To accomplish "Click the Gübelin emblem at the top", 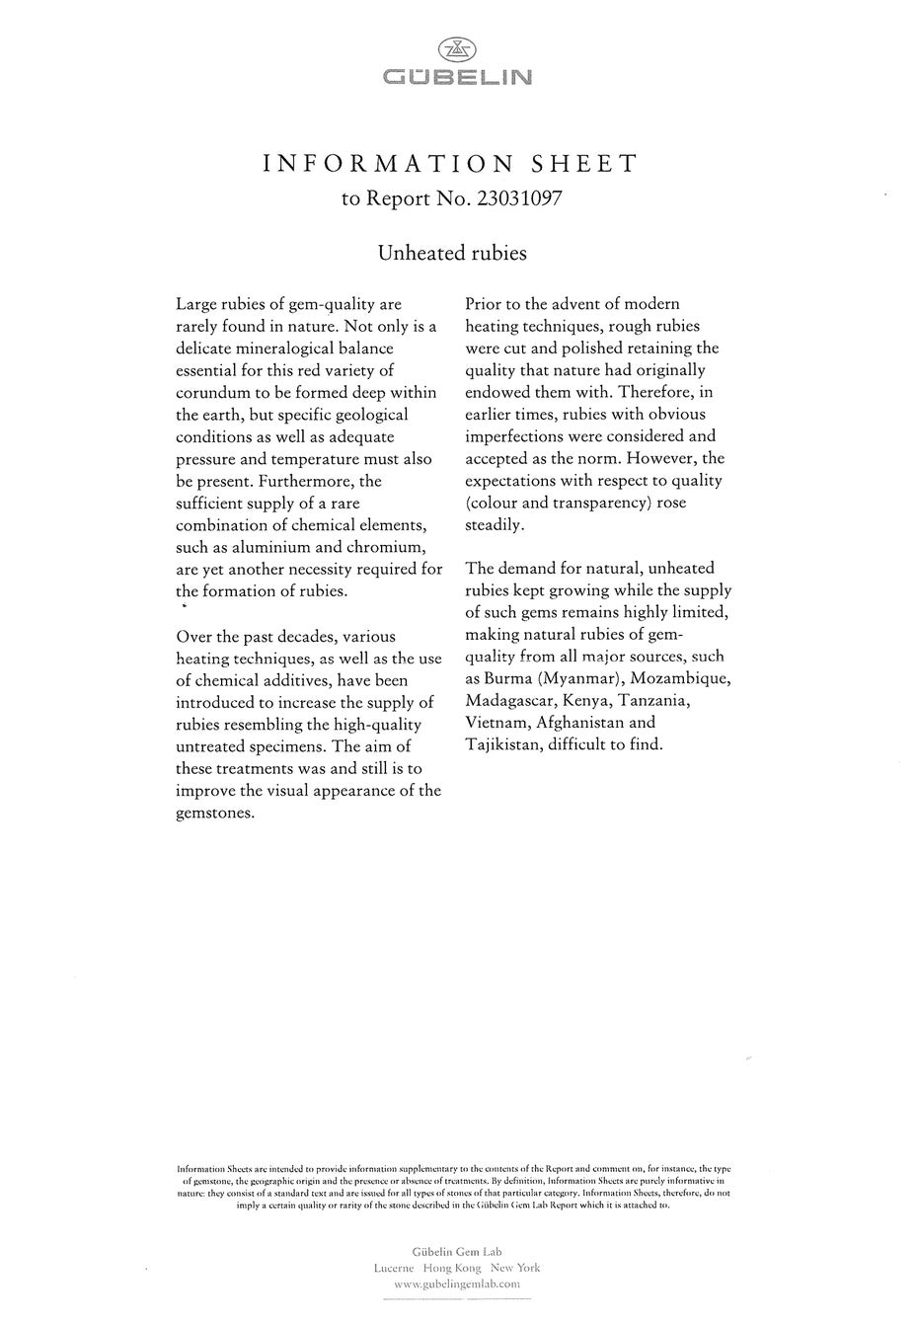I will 456,49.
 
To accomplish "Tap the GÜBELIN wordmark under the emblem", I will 457,76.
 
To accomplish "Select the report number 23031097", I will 519,198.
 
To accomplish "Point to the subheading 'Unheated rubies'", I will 452,253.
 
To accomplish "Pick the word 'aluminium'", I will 272,548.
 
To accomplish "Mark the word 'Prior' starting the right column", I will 486,304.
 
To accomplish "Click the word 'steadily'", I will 495,525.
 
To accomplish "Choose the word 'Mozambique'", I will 681,678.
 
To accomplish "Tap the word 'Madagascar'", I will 509,701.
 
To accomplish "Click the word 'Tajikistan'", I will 503,744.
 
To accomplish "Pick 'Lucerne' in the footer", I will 394,1268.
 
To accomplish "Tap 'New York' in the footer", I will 516,1268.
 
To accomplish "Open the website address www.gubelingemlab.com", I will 456,1284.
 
